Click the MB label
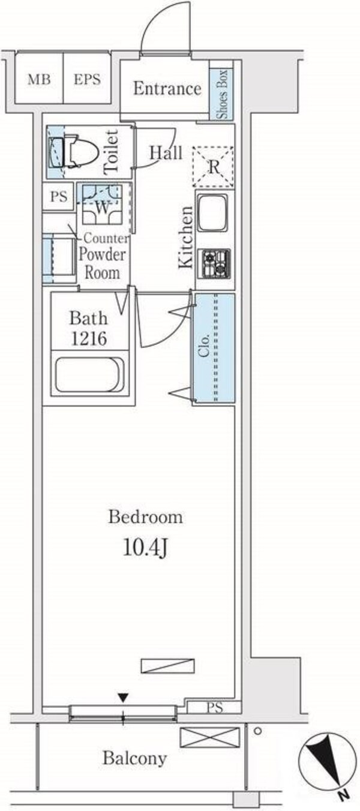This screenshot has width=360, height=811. tap(39, 79)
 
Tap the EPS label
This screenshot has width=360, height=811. tap(87, 79)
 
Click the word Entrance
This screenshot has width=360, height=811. tap(167, 88)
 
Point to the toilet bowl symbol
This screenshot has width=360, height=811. tap(76, 151)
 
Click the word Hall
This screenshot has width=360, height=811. tap(166, 152)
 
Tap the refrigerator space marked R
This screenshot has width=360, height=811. tap(212, 167)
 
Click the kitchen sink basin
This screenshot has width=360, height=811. tap(212, 212)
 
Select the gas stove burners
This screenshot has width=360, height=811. tap(216, 263)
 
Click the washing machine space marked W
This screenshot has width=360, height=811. tap(102, 205)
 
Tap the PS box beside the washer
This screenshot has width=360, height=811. tap(59, 197)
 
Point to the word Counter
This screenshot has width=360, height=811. tap(106, 238)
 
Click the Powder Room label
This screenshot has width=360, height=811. tap(102, 263)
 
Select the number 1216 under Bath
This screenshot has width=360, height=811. tap(89, 339)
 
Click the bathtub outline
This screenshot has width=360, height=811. tap(89, 375)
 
